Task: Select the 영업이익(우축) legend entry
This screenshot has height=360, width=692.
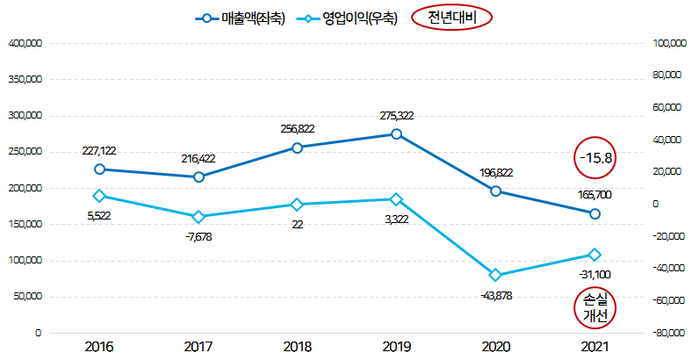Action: pos(348,18)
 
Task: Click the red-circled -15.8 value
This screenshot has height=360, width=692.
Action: pos(595,158)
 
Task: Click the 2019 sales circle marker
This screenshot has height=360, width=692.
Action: pos(397,134)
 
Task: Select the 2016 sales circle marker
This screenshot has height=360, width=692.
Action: pos(99,169)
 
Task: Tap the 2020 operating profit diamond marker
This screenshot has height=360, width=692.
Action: pos(495,275)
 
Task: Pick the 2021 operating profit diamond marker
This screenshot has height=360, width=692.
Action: pos(595,255)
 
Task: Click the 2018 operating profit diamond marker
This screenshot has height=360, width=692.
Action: pos(298,205)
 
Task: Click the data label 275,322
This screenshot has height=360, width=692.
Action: pos(397,115)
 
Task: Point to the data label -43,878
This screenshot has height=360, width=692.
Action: pos(495,294)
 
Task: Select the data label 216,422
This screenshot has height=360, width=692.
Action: pos(198,159)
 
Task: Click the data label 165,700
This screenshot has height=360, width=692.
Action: pos(595,195)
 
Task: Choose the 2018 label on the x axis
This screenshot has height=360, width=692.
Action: pos(298,347)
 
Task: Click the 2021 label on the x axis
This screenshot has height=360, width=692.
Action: pos(595,347)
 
